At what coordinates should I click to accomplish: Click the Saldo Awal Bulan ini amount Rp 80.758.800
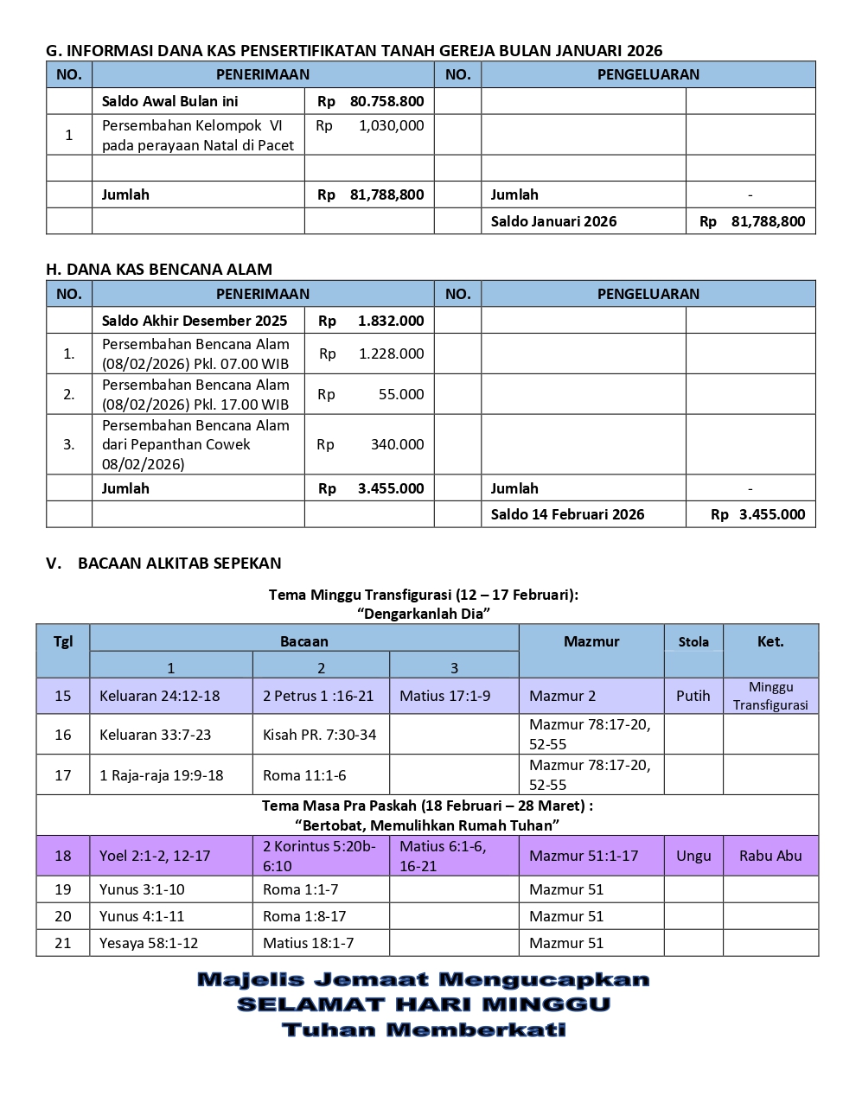click(371, 101)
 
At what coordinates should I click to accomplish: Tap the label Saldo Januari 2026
click(553, 221)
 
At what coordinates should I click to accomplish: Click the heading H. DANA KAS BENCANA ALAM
click(159, 269)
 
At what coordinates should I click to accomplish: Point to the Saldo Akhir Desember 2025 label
click(195, 321)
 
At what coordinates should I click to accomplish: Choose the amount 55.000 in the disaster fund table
click(401, 394)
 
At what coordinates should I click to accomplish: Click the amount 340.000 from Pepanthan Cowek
click(397, 444)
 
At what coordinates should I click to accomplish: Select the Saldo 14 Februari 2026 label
click(567, 514)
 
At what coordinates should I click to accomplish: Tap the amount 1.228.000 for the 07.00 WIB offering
click(391, 354)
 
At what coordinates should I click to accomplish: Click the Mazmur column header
click(591, 641)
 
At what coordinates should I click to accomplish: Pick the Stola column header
click(693, 642)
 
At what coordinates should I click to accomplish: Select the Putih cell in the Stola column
click(693, 696)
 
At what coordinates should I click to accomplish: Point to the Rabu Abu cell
click(770, 856)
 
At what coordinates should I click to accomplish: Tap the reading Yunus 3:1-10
click(142, 889)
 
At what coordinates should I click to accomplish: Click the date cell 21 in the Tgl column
click(63, 943)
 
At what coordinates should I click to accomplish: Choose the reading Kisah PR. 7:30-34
click(320, 735)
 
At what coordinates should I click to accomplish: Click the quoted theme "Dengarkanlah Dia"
click(424, 614)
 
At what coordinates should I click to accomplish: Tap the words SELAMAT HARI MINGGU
click(424, 1004)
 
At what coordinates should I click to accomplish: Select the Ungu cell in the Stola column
click(693, 856)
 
